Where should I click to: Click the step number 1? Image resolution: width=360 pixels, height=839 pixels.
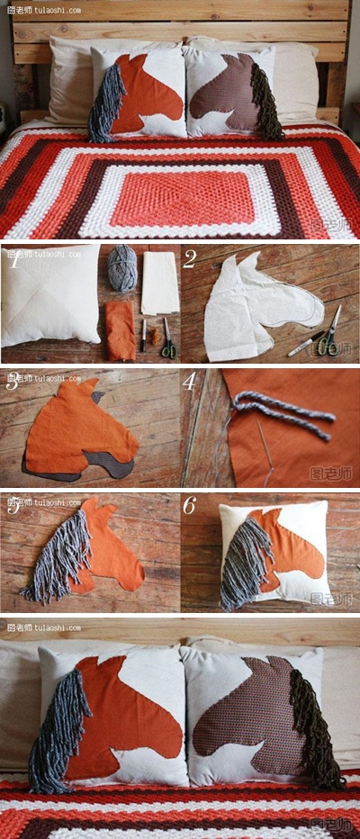click(x=13, y=261)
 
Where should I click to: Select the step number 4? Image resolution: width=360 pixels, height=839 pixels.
click(x=189, y=382)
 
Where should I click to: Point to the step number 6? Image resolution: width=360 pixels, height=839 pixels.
click(x=189, y=506)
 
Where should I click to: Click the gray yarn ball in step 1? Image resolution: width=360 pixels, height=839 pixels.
click(x=122, y=268)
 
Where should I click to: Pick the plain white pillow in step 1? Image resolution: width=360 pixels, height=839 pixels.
click(x=50, y=294)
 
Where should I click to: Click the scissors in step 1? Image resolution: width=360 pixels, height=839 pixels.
click(x=167, y=340)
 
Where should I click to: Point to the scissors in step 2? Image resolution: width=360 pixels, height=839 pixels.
click(x=330, y=333)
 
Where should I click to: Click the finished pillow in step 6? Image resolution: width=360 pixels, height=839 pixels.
click(x=274, y=554)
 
